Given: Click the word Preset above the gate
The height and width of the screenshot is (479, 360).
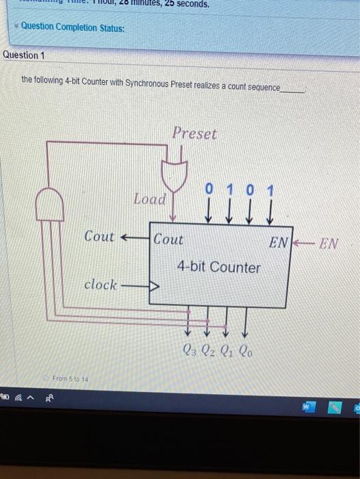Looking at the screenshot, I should click(x=194, y=133).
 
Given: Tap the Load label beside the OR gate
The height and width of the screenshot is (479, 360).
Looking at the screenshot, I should click(x=149, y=199).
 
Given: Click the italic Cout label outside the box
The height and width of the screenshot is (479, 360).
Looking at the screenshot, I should click(x=99, y=236).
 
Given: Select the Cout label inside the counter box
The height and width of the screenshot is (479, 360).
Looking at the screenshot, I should click(x=168, y=240).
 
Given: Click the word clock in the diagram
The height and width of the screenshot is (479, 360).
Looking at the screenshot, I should click(x=100, y=285).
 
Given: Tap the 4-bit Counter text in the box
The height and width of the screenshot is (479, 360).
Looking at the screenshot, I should click(x=218, y=268).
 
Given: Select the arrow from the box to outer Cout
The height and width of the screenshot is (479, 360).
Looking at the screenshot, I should click(x=135, y=237).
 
